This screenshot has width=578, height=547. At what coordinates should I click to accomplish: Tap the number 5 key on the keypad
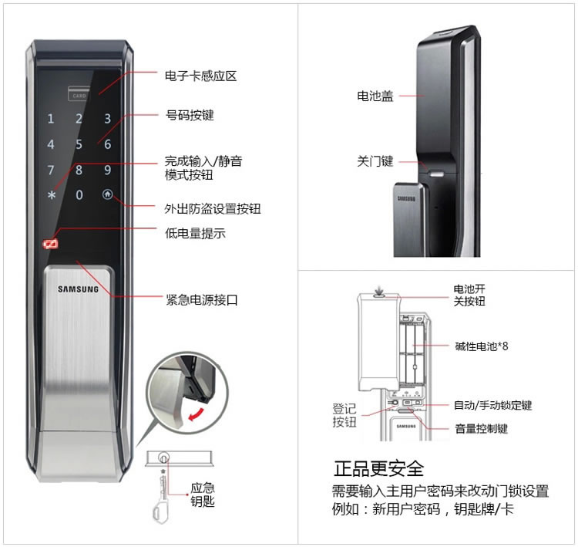coord(79,144)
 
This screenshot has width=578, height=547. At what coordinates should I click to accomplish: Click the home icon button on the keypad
coord(107,194)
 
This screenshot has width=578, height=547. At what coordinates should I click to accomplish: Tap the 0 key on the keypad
coord(79,195)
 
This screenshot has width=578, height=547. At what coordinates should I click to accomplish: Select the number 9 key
coord(107,170)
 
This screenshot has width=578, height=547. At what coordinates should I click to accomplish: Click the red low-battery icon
coord(51,244)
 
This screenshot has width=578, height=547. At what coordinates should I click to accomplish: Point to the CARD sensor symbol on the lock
coord(79,93)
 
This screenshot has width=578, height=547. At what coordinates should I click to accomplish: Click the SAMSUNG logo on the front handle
coord(78,289)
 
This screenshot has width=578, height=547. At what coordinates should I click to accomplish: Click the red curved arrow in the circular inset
coord(196,414)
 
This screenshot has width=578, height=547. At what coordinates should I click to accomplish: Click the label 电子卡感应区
coord(200,76)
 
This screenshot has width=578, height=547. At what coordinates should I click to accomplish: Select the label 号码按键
coord(190,115)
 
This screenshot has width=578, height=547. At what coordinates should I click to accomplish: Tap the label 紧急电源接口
coord(202,299)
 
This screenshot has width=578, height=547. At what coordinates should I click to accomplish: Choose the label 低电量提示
coord(195,233)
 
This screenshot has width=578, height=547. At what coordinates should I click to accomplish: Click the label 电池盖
coord(375,96)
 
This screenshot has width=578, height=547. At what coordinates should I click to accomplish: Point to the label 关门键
coord(375,161)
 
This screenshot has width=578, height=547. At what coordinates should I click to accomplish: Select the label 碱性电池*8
coord(482,346)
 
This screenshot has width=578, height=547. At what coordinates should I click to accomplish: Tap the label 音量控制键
coord(482,428)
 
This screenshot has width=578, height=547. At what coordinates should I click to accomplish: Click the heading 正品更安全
coord(378,469)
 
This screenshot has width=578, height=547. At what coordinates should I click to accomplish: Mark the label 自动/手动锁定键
coord(493,405)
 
